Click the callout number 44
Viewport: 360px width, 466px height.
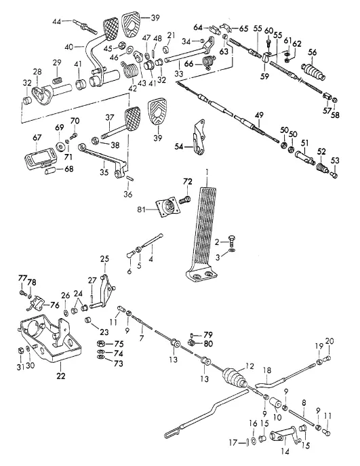click(57, 22)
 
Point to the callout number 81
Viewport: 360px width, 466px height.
click(142, 210)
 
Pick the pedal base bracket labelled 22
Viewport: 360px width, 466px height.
click(49, 338)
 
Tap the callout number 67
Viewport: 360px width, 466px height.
click(37, 138)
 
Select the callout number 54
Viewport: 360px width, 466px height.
click(179, 147)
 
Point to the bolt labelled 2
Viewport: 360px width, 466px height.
click(231, 239)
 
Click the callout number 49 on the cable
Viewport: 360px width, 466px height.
click(259, 115)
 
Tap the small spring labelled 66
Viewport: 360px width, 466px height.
click(209, 62)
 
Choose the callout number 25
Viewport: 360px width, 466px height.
click(104, 259)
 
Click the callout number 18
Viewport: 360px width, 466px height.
click(267, 370)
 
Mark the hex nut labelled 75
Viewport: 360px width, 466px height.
click(101, 343)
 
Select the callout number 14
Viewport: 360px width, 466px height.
click(285, 452)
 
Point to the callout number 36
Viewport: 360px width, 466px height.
click(128, 195)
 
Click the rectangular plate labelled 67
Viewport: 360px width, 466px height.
click(41, 158)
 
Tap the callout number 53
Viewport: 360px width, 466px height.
click(335, 161)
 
